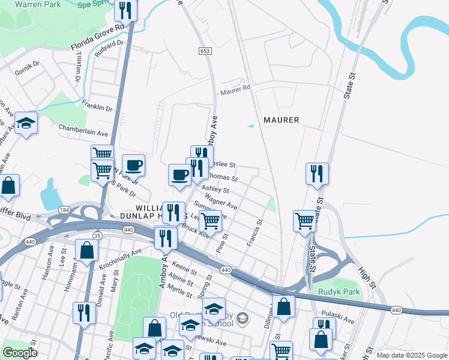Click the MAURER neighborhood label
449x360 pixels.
click(x=281, y=120)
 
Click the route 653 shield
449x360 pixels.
click(x=205, y=52)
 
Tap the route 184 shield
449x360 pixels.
click(x=64, y=209)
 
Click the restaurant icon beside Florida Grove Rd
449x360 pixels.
click(x=125, y=10)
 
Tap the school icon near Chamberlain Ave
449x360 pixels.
click(x=26, y=124)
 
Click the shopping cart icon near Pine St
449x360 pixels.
click(x=211, y=221)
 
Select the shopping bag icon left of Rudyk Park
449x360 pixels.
click(x=284, y=306)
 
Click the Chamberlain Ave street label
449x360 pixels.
click(x=83, y=130)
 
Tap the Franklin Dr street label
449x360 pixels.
click(x=97, y=106)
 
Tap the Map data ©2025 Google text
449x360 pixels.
click(x=411, y=355)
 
